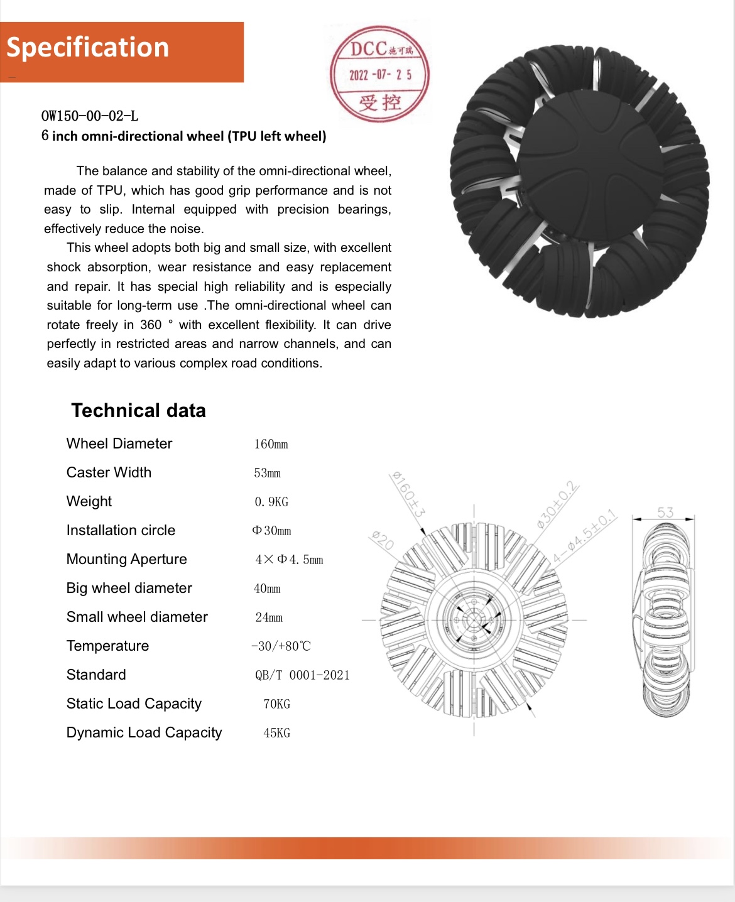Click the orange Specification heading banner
click(122, 52)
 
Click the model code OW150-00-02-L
click(90, 116)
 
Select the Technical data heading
click(138, 411)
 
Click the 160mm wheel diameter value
click(271, 444)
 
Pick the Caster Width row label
click(109, 472)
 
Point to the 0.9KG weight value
click(271, 502)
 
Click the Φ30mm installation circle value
click(271, 531)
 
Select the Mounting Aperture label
click(126, 559)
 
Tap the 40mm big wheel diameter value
click(267, 589)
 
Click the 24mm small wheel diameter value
click(269, 617)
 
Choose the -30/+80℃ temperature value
click(281, 646)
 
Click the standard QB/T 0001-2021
click(302, 675)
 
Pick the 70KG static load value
click(276, 704)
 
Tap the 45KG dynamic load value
click(276, 733)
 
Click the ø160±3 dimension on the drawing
click(408, 494)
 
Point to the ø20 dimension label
click(382, 540)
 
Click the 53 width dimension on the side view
click(665, 513)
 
